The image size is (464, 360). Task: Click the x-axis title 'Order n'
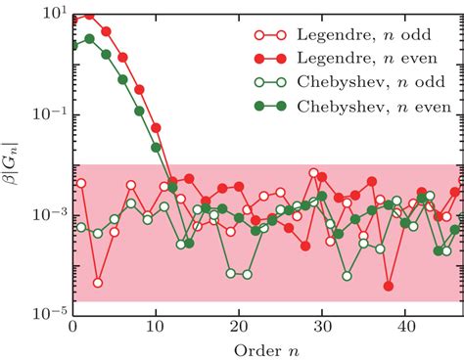point(266,348)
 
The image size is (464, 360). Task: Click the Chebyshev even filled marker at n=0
point(73,45)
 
